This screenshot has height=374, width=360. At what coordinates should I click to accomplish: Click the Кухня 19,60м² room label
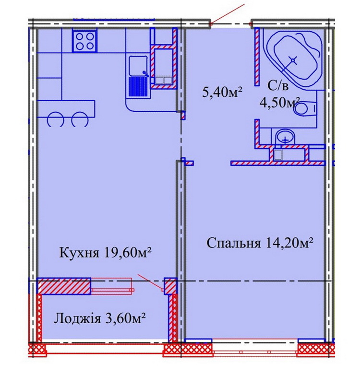point(105,253)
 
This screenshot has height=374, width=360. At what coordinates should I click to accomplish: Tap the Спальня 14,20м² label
point(260,243)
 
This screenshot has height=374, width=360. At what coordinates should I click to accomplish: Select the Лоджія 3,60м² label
point(100,319)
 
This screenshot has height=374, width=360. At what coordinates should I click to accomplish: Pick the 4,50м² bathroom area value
point(280,103)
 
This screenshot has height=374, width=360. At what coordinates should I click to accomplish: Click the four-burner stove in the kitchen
point(85,41)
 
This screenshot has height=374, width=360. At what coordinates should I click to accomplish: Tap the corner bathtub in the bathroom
point(293,59)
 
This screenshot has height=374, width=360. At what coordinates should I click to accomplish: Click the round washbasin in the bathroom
point(286,137)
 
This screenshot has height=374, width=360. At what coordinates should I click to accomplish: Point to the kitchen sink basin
point(138,66)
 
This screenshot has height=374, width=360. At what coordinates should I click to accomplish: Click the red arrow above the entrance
point(228,14)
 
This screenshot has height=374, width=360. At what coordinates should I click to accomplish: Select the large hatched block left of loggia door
point(64,286)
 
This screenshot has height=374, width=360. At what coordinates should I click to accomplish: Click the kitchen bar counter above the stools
point(66,109)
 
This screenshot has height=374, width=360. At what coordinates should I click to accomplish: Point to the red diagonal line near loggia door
point(150,282)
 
